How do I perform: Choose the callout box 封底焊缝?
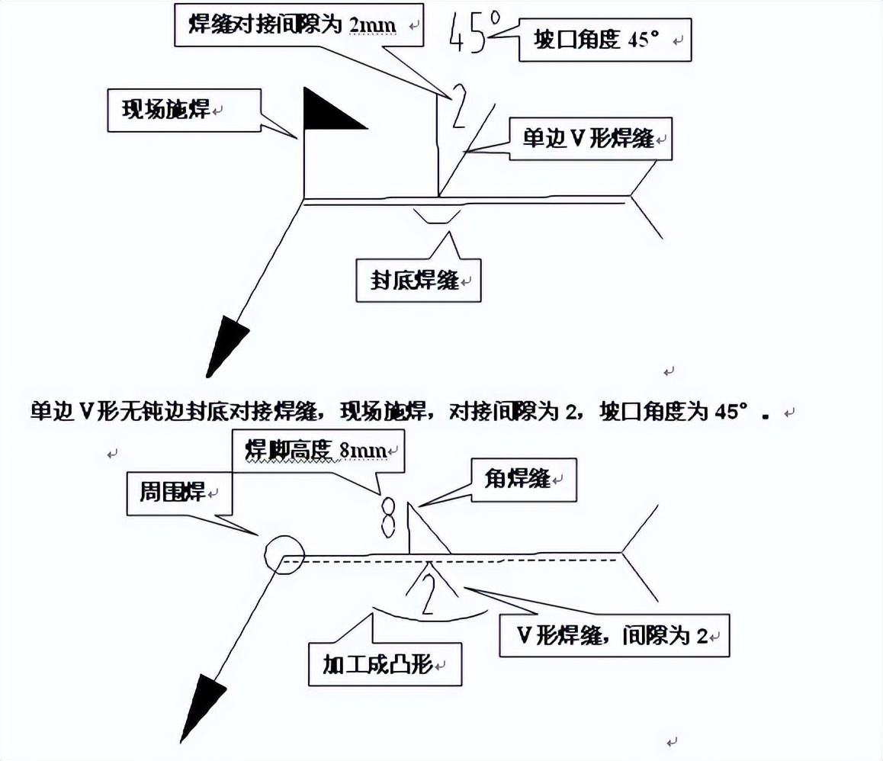(x=419, y=281)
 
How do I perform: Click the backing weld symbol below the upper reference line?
(x=435, y=215)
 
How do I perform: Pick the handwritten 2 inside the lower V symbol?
(x=429, y=593)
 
